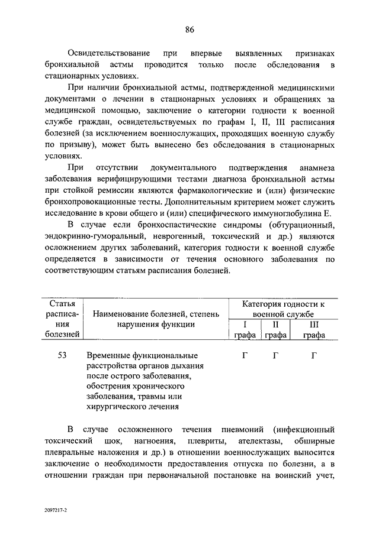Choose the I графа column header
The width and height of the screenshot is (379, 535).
[245, 330]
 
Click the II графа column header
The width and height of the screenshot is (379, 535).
[275, 330]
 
